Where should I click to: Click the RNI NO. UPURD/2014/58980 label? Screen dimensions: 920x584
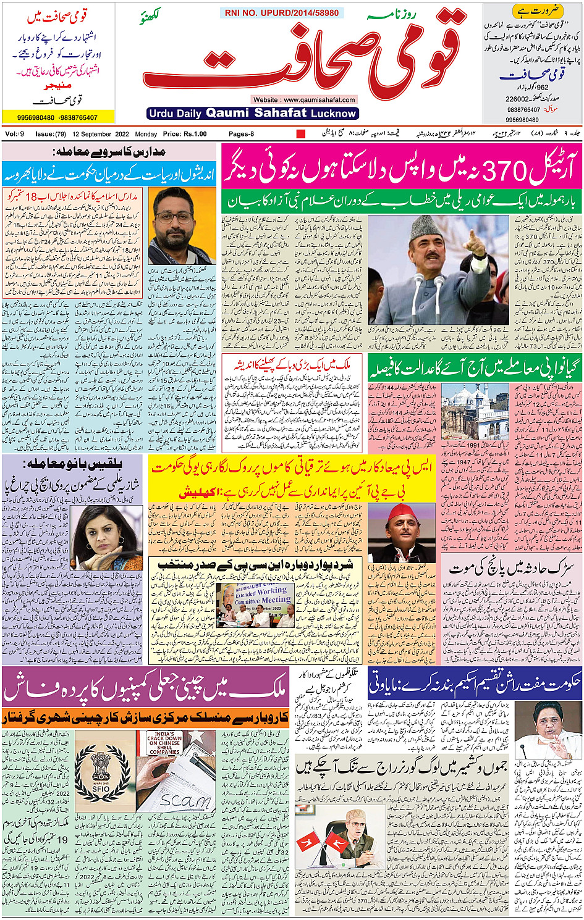(x=281, y=12)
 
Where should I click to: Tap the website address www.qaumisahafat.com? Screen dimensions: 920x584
(x=303, y=99)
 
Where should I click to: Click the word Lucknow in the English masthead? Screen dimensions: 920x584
(x=334, y=114)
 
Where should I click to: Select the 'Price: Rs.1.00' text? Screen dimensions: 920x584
(x=185, y=134)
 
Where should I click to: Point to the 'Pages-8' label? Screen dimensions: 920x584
(x=241, y=134)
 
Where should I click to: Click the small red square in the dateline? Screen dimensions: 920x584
(x=301, y=134)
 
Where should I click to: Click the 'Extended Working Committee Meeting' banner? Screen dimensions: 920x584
(x=262, y=595)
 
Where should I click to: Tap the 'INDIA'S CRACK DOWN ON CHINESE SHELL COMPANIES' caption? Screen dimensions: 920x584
(x=163, y=743)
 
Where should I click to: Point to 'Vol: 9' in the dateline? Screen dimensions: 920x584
(x=15, y=134)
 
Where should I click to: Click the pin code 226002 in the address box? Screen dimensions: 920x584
(x=517, y=99)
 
